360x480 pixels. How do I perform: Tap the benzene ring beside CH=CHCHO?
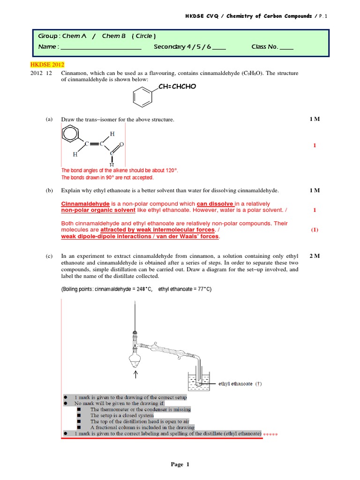tap(140, 97)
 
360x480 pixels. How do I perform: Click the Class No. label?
tap(265, 47)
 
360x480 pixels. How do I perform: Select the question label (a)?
tap(49, 120)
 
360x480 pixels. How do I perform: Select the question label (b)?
tap(49, 191)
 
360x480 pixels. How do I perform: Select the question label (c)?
tap(49, 256)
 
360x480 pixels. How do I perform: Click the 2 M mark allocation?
tap(315, 256)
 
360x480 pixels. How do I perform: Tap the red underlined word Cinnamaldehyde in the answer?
tap(85, 204)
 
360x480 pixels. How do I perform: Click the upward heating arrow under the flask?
tap(136, 374)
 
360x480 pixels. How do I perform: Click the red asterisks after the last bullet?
tap(270, 435)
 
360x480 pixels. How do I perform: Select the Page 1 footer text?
tap(180, 465)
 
